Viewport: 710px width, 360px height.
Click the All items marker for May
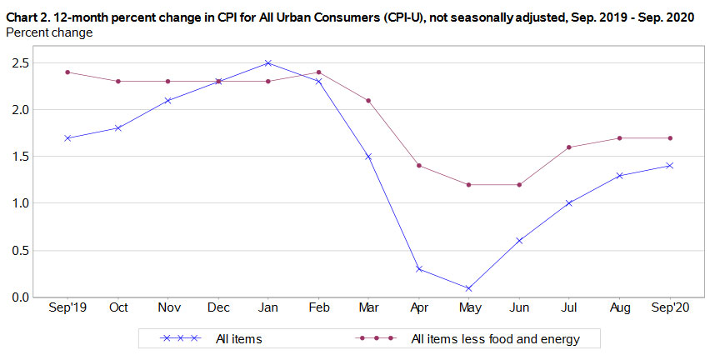(x=468, y=288)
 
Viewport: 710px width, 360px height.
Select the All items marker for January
(x=268, y=62)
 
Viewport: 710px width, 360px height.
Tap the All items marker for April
(x=418, y=269)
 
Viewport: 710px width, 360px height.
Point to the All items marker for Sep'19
(x=67, y=137)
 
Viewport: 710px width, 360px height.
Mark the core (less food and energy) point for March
(x=368, y=100)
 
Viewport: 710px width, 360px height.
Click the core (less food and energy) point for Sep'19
(x=67, y=72)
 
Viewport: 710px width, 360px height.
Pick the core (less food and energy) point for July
(x=568, y=147)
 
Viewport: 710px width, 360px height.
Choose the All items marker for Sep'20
(x=669, y=166)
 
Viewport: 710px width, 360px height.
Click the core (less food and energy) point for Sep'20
(x=669, y=137)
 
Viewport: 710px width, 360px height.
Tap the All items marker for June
(x=518, y=241)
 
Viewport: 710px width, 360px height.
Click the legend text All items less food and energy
(x=494, y=339)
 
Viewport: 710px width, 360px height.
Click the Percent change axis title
(x=49, y=32)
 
